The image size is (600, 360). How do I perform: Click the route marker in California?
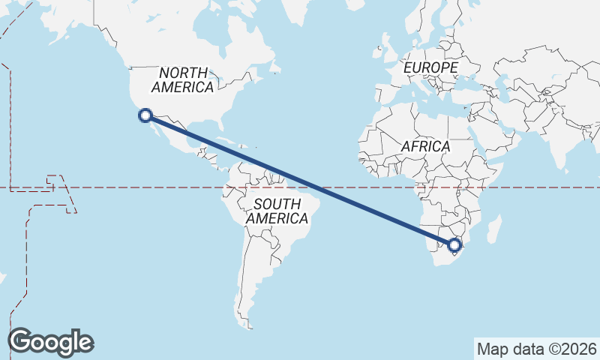pos(145,115)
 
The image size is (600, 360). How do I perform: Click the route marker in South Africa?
pos(454,244)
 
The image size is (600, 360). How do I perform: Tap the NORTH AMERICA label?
pos(182,79)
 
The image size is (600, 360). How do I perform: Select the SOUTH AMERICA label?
pos(277,211)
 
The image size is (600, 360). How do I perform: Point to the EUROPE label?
pos(430,67)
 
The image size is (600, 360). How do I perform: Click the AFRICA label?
pos(425,146)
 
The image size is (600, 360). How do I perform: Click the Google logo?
pos(51,341)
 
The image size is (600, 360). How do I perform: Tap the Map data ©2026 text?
pos(536,349)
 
